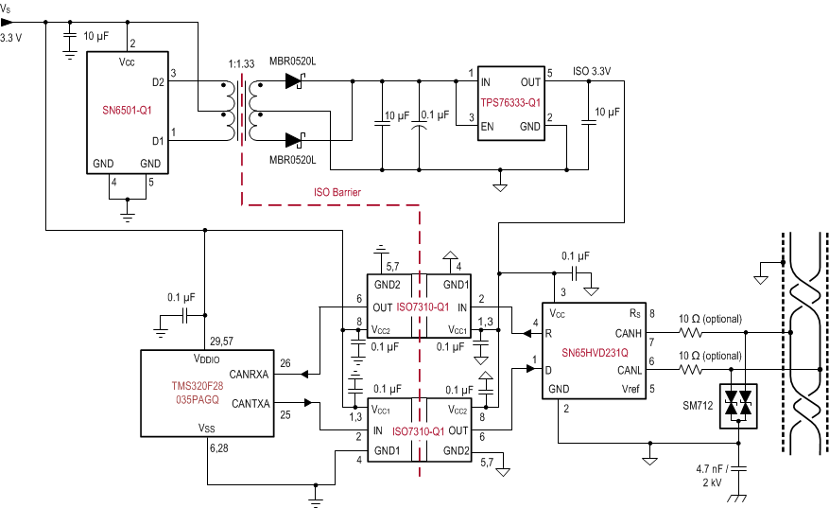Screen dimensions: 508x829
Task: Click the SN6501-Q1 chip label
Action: click(127, 110)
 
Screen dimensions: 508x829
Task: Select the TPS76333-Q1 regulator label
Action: click(510, 101)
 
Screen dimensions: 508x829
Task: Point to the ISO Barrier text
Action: click(337, 192)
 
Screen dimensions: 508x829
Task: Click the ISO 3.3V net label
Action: click(592, 71)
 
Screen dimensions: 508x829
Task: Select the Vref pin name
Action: click(629, 388)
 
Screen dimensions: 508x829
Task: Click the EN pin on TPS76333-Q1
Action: click(488, 125)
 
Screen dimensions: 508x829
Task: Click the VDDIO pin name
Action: click(208, 359)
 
